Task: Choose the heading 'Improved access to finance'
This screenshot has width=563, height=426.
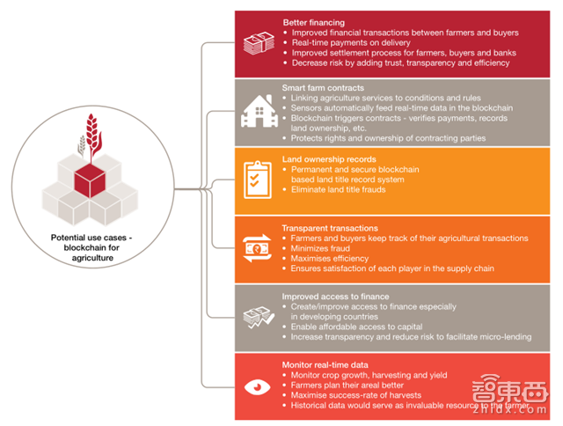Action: click(x=335, y=297)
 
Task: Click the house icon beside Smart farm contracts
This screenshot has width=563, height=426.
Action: click(x=256, y=111)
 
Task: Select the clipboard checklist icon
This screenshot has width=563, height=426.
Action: click(x=256, y=179)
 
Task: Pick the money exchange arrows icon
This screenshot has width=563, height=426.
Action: click(x=256, y=248)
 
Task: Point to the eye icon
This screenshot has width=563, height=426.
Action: click(x=256, y=386)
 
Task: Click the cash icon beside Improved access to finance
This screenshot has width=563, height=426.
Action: click(x=256, y=317)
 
